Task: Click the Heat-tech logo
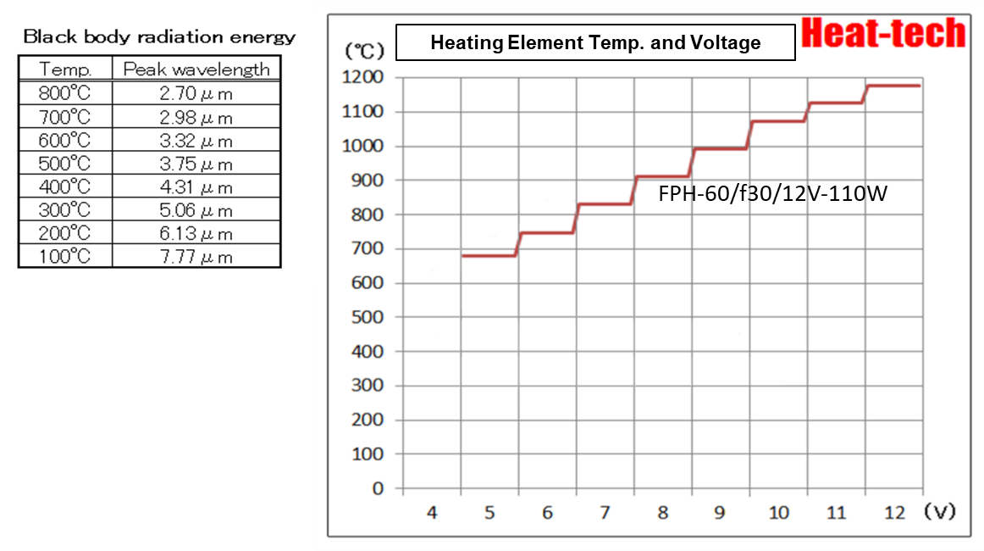click(x=882, y=33)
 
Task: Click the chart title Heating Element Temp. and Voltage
click(x=595, y=42)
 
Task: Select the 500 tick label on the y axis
click(x=368, y=317)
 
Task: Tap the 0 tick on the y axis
click(x=377, y=488)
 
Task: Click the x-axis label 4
click(x=432, y=513)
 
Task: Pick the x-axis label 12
click(x=894, y=513)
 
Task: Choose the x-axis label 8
click(x=663, y=513)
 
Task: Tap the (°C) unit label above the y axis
click(x=360, y=50)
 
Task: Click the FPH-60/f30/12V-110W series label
click(x=772, y=195)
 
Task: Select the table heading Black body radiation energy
click(x=159, y=37)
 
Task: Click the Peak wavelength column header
click(x=196, y=70)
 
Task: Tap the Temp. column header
click(x=65, y=70)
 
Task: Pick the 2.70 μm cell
click(x=196, y=93)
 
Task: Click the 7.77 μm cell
click(x=196, y=257)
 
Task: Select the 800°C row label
click(x=65, y=93)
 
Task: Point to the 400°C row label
click(x=65, y=186)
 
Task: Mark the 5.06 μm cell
click(x=196, y=210)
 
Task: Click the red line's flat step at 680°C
click(x=489, y=255)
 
